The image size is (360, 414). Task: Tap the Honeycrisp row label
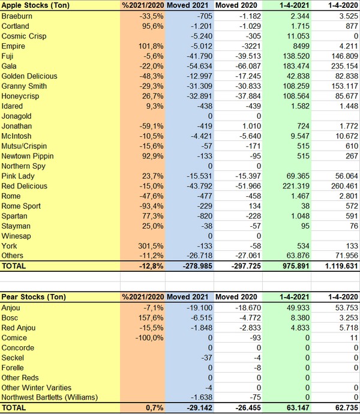(x=22, y=96)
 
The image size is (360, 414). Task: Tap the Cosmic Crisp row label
(x=24, y=36)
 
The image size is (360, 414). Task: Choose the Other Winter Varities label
(x=37, y=388)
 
